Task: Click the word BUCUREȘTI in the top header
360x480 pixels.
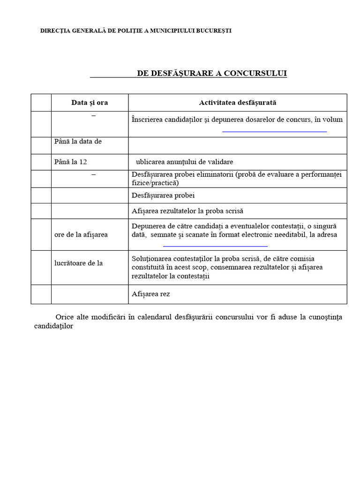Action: (214, 31)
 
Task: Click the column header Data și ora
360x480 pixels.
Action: (90, 102)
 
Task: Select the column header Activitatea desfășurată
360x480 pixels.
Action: (238, 102)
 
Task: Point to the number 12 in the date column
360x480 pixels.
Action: (83, 162)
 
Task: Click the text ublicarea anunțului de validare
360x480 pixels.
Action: (184, 162)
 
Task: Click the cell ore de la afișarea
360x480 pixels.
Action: (81, 234)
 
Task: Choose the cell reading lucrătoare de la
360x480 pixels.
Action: (78, 263)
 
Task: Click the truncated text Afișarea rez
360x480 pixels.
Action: (151, 294)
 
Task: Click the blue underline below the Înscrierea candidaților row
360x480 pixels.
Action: (274, 132)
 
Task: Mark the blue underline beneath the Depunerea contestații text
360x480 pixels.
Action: (215, 246)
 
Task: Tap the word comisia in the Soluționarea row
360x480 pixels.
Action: (303, 259)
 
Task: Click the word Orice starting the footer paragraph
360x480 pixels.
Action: (64, 317)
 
